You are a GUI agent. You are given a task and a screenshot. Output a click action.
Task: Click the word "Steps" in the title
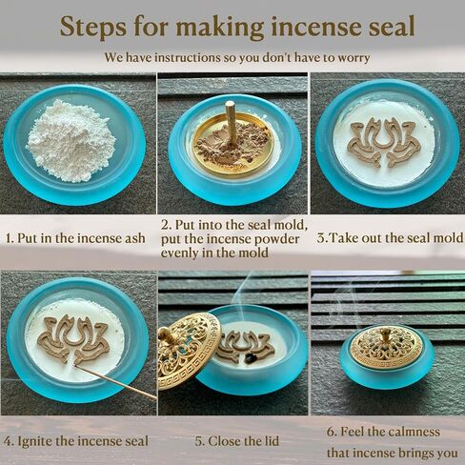(93, 27)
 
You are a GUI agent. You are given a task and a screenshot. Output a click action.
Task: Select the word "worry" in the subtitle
(354, 58)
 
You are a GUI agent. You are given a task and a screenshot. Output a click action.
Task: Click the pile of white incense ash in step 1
(71, 140)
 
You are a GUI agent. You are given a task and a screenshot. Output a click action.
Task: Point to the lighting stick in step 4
(116, 381)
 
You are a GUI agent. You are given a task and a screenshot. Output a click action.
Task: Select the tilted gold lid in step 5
(188, 351)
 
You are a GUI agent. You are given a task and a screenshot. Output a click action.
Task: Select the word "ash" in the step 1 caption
(135, 238)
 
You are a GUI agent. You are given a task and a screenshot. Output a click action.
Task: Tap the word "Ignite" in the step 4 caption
(34, 441)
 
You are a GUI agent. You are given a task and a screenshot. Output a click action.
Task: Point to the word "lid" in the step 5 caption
(271, 441)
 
